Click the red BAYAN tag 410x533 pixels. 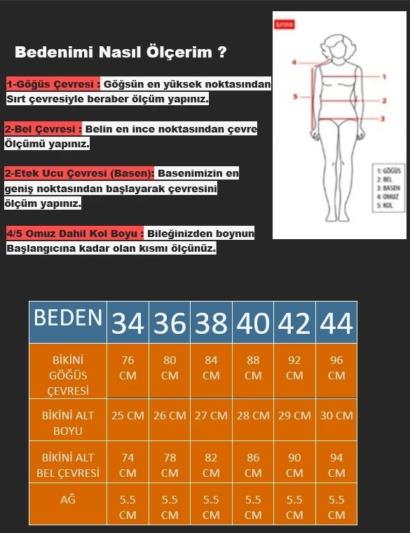[x=285, y=23]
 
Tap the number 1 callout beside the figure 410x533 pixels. [x=385, y=76]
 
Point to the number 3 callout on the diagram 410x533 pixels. [x=383, y=119]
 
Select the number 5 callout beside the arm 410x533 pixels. [x=295, y=97]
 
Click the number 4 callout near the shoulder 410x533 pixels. [x=294, y=62]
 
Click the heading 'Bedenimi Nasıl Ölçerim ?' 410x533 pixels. [x=121, y=52]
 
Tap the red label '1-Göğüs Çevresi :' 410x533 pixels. [x=53, y=84]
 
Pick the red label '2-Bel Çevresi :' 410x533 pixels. [x=44, y=129]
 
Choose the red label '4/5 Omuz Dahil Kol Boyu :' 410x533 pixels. [x=75, y=233]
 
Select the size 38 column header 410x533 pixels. [x=211, y=323]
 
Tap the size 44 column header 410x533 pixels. [x=336, y=323]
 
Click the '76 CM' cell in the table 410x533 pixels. [x=128, y=367]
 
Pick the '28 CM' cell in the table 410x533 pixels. [x=253, y=415]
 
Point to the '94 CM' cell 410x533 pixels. [x=336, y=464]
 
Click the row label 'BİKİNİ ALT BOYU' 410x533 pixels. [x=68, y=422]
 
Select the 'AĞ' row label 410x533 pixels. [x=68, y=500]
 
